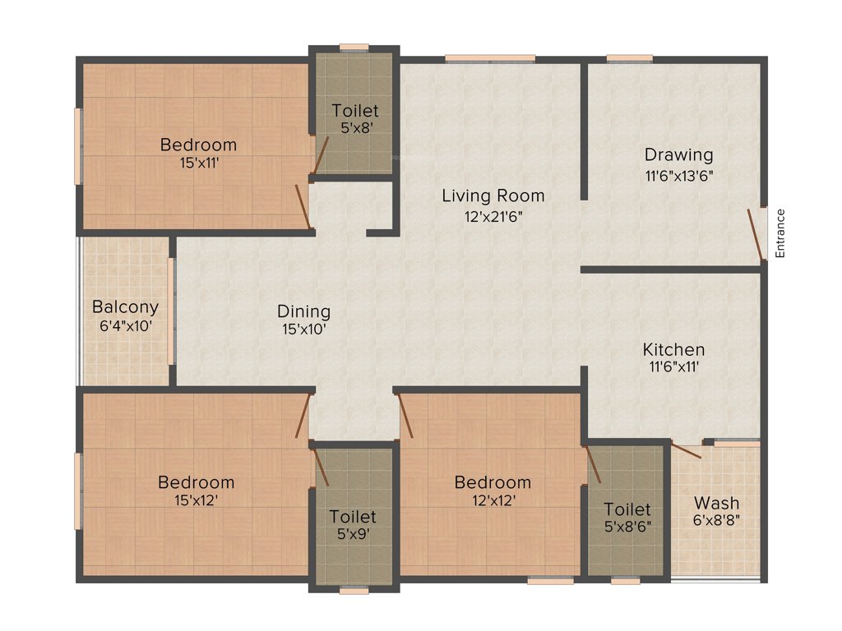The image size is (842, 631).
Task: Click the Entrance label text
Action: pos(780,233)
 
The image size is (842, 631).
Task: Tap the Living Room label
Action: pos(493,196)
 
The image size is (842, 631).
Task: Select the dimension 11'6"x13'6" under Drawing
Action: pos(678,174)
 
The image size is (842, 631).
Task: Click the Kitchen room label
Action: pos(673,349)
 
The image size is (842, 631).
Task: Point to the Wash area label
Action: pos(716,502)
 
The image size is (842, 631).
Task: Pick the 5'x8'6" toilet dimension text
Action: pos(627,527)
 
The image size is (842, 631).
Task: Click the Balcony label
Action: pos(125,307)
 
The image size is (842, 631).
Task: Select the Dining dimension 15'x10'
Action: pos(303,329)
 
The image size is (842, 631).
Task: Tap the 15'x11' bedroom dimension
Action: pos(198,163)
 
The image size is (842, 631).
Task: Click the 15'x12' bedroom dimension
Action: pos(196,500)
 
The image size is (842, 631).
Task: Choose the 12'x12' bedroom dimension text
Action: pos(493,500)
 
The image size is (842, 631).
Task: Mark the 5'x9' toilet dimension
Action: pos(353,534)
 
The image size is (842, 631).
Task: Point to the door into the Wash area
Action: pos(687,451)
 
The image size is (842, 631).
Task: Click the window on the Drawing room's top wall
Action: pos(629,58)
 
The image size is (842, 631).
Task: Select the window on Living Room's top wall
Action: pos(490,58)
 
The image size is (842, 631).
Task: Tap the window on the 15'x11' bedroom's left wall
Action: pos(79,146)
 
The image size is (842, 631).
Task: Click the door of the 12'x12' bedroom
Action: pos(405,415)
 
